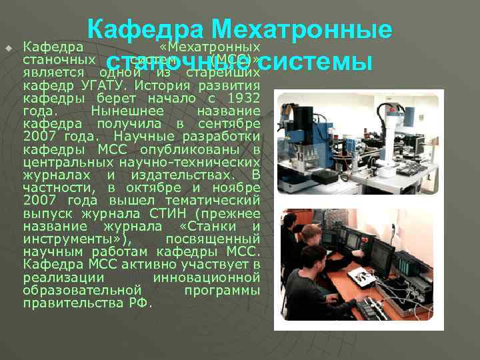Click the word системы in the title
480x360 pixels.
coord(315,62)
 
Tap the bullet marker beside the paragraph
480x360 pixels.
coord(9,48)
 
